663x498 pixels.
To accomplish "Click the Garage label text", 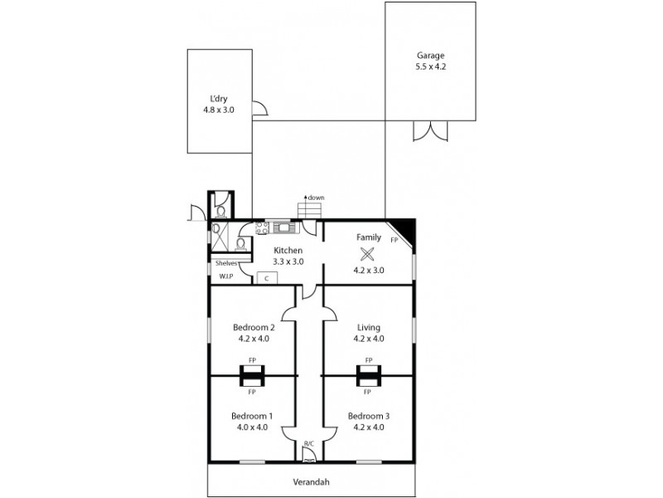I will pos(430,56).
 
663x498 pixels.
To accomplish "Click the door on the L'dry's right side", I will pos(259,109).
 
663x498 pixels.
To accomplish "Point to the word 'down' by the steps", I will pos(317,198).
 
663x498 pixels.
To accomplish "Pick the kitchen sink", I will pos(285,226).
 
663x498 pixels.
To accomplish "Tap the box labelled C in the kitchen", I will pos(266,278).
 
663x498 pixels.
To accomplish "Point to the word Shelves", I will pos(226,263).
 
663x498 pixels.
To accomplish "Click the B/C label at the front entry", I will pos(309,444).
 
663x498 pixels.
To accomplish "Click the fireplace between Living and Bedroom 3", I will pos(368,376).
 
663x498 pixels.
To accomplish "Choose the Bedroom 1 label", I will pos(251,416).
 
